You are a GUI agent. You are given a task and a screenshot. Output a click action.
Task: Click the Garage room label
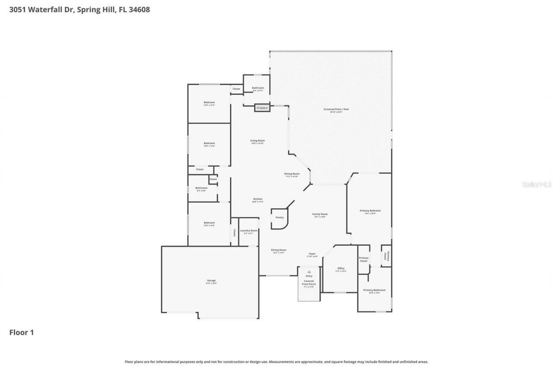tap(211, 280)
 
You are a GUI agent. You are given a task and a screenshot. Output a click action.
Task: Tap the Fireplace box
tap(262, 108)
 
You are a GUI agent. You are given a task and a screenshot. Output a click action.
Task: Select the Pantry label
tap(280, 217)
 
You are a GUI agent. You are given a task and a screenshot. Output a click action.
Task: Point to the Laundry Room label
tap(248, 231)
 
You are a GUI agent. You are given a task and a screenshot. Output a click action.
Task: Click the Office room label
tap(341, 268)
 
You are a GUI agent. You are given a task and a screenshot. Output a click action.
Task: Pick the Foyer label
tap(312, 254)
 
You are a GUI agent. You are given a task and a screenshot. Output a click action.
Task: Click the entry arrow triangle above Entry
tap(309, 272)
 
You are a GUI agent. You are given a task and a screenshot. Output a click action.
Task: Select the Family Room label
tap(320, 214)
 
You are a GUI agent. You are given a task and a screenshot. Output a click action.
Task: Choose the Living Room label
tap(257, 141)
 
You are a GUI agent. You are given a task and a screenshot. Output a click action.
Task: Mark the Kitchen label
tap(257, 199)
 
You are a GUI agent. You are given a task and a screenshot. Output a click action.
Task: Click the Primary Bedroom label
tap(370, 211)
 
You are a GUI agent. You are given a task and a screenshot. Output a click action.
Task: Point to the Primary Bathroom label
tap(374, 290)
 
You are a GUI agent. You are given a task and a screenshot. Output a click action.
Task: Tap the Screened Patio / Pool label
tap(336, 109)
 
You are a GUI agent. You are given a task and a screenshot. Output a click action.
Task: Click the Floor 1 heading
tap(22, 332)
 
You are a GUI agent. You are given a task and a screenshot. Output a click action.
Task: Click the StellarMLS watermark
tap(537, 184)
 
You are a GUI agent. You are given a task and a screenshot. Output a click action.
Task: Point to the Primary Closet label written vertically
tap(388, 256)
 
